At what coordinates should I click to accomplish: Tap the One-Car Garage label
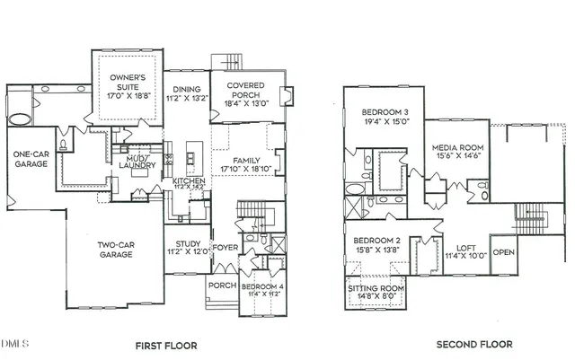pyautogui.click(x=31, y=159)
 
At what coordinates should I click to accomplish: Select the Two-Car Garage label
pyautogui.click(x=115, y=249)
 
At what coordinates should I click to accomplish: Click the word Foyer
pyautogui.click(x=225, y=248)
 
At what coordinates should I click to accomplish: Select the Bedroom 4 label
pyautogui.click(x=264, y=286)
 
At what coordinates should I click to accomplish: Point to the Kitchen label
pyautogui.click(x=189, y=181)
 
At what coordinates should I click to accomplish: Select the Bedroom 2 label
pyautogui.click(x=376, y=241)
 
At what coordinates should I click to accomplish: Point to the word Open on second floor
pyautogui.click(x=503, y=252)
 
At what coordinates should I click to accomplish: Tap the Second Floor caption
pyautogui.click(x=474, y=345)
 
